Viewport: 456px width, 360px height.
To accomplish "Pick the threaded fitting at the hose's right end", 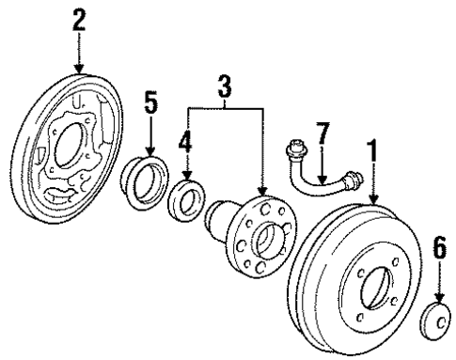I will coord(352,179).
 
